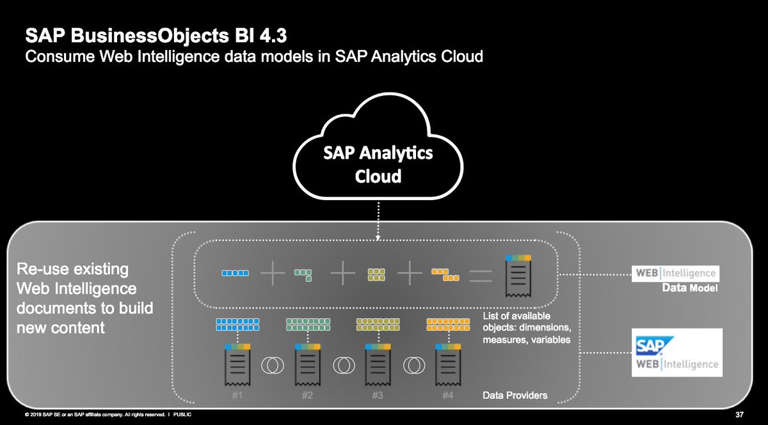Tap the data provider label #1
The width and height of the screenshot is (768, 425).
237,396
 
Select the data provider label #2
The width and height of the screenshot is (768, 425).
307,396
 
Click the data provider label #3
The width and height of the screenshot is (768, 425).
377,396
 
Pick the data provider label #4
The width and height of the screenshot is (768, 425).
447,396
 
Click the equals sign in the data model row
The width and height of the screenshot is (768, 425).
480,275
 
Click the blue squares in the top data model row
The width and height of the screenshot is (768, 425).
234,273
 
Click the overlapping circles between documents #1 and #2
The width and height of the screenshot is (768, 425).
272,366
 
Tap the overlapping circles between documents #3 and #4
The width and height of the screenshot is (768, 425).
413,366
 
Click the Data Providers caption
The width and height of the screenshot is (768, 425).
515,396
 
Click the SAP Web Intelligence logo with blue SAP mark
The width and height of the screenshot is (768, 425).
676,353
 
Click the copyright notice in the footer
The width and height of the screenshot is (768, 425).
102,415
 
